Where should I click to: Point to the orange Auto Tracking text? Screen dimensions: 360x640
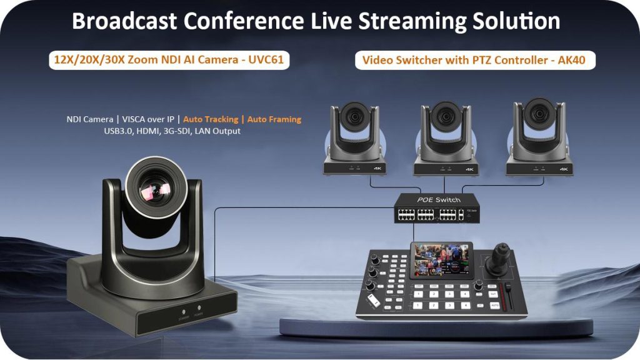210,119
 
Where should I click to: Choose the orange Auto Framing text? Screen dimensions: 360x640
274,119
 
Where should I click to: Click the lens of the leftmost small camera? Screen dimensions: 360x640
354,118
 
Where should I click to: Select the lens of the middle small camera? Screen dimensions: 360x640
445,118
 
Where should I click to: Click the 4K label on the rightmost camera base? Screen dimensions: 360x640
563,169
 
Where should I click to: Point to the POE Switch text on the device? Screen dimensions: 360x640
439,200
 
